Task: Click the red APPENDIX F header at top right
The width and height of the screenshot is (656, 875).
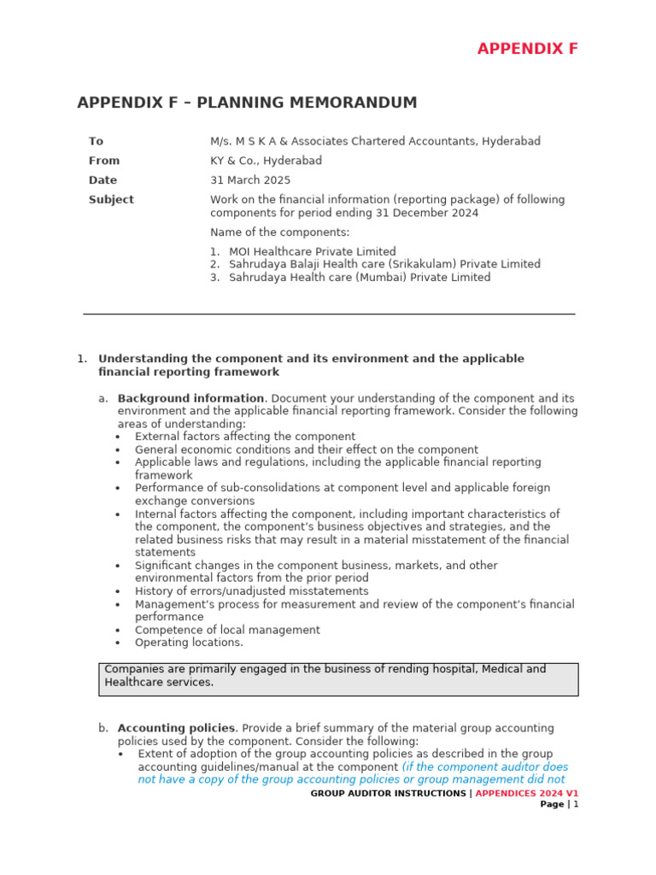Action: point(527,49)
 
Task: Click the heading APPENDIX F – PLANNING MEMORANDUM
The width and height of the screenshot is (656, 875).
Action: point(247,103)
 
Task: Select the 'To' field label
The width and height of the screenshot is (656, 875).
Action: point(96,141)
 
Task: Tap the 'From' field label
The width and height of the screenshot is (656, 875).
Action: point(104,161)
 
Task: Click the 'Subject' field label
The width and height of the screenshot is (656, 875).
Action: point(111,199)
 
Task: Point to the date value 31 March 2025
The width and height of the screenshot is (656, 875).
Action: point(250,180)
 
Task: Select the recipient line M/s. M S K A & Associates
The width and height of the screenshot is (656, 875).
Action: point(375,141)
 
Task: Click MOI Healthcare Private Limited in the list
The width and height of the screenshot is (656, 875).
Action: point(312,251)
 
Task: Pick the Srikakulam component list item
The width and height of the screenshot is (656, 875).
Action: point(384,264)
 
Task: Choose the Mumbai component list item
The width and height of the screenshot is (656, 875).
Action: point(360,277)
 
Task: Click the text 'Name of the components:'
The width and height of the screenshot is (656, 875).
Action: point(279,232)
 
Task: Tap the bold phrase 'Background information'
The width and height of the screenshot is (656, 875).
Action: point(190,398)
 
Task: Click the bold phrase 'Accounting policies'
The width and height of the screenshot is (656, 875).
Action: point(176,728)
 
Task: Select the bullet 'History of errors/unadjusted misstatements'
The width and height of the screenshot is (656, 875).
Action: point(251,591)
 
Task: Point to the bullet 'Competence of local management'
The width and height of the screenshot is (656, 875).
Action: point(227,630)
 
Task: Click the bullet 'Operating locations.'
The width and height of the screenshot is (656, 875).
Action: point(189,643)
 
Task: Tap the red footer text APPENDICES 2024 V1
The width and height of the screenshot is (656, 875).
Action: point(526,793)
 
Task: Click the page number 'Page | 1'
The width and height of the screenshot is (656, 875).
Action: point(559,804)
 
